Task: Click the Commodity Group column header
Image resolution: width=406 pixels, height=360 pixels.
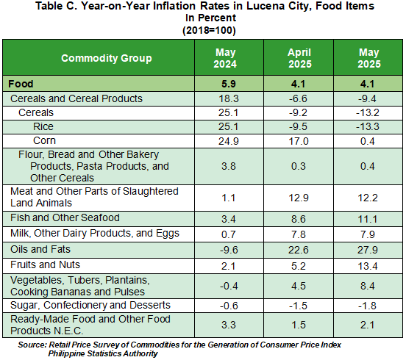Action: [x=107, y=58]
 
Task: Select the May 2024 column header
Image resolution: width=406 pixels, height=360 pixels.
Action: [x=225, y=58]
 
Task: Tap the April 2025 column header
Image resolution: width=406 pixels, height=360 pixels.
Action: [x=300, y=58]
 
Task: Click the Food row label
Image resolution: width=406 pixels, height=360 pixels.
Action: [x=21, y=84]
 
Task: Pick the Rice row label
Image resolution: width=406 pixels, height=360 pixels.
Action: [x=43, y=126]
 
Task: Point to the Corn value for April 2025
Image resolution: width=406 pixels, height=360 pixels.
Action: [x=299, y=141]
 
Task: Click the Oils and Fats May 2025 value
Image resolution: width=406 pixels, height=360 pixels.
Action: [x=368, y=250]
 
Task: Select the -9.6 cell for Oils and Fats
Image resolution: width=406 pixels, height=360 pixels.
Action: [x=229, y=250]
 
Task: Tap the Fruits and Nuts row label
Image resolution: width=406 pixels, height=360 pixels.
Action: [x=45, y=264]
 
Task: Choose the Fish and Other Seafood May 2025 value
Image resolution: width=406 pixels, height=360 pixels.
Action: [x=368, y=219]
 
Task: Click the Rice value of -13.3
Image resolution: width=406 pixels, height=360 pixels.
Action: [x=368, y=126]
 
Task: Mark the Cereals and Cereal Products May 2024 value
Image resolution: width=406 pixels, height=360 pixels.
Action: [x=229, y=98]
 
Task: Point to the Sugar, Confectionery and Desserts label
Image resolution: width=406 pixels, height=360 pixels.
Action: [x=90, y=306]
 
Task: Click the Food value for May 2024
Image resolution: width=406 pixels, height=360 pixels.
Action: [x=229, y=84]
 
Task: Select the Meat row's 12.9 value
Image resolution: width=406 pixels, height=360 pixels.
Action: [x=299, y=198]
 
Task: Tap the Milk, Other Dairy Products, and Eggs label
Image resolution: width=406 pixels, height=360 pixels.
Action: [x=95, y=234]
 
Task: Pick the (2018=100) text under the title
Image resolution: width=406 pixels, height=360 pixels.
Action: [x=209, y=31]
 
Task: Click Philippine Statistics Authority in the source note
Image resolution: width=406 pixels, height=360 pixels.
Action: [x=103, y=353]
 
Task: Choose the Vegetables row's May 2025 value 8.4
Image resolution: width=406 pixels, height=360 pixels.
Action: [x=368, y=286]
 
